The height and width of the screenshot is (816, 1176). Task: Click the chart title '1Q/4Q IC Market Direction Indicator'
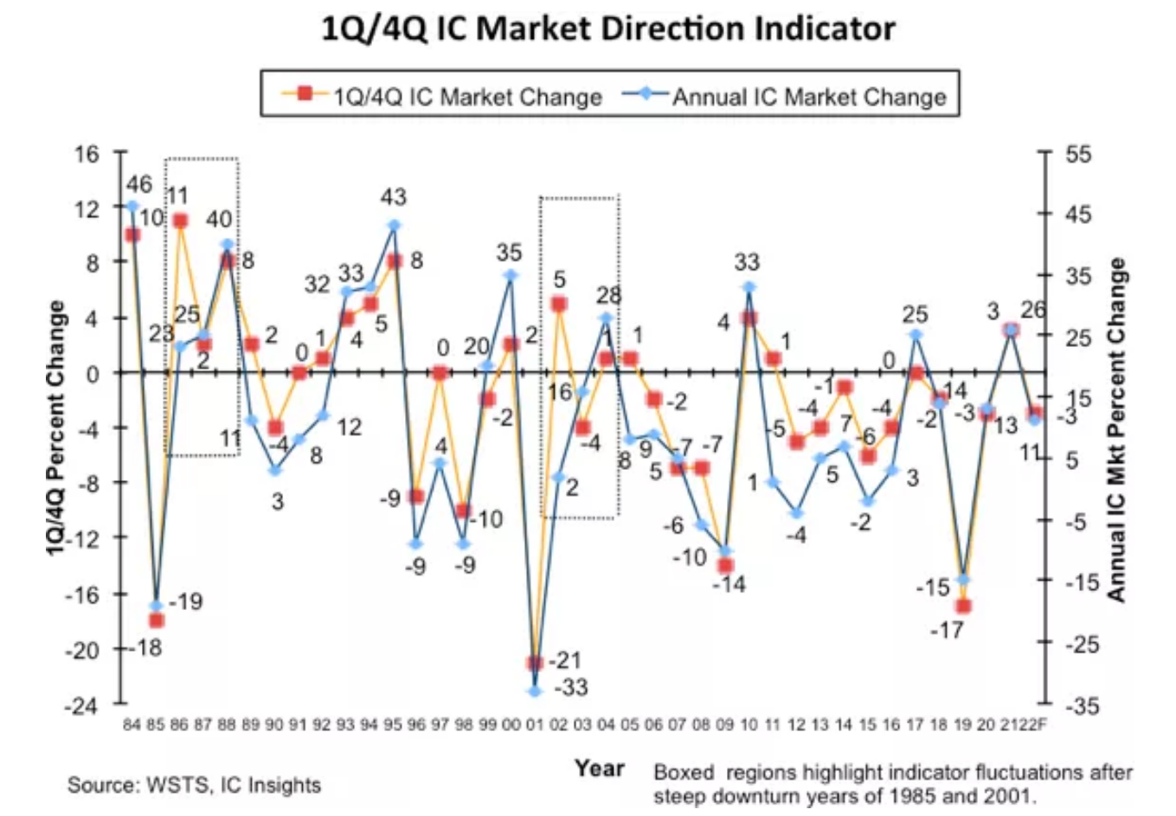[x=608, y=29]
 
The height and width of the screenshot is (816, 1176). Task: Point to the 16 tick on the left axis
[x=87, y=154]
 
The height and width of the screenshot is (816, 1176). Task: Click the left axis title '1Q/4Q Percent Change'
[x=56, y=427]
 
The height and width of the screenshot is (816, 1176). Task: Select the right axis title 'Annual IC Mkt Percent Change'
[x=1117, y=429]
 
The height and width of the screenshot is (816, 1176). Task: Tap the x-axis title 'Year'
[x=599, y=768]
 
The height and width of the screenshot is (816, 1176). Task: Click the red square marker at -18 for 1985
[x=157, y=620]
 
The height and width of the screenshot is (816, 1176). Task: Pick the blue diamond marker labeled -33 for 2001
[x=534, y=691]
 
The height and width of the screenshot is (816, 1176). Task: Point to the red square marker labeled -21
[x=534, y=663]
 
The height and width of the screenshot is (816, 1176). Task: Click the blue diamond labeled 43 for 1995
[x=394, y=226]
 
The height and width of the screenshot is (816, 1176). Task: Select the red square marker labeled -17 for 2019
[x=963, y=606]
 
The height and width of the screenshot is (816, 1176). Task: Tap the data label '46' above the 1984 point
[x=138, y=184]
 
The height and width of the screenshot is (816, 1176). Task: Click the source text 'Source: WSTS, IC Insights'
[x=194, y=785]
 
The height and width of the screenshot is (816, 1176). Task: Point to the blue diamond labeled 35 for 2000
[x=511, y=276]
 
